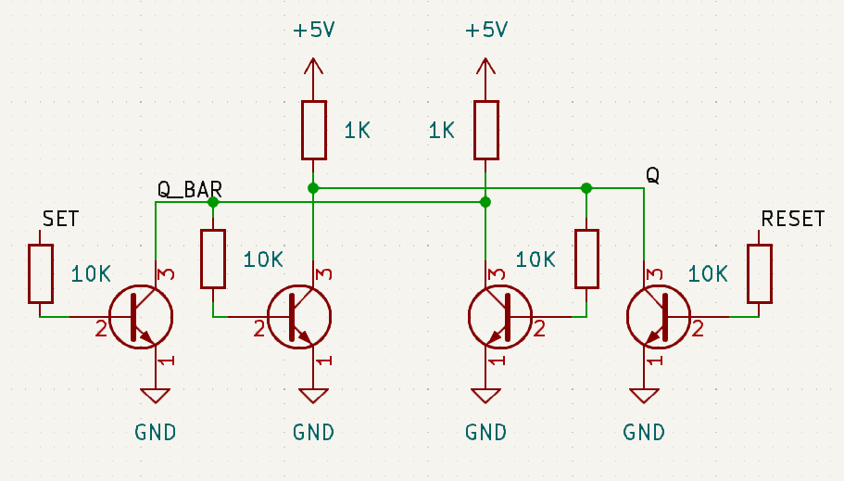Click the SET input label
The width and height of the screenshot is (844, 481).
pyautogui.click(x=61, y=219)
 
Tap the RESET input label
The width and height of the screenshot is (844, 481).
pyautogui.click(x=792, y=219)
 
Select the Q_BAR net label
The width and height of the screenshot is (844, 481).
pyautogui.click(x=189, y=190)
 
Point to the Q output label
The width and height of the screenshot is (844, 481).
pyautogui.click(x=652, y=175)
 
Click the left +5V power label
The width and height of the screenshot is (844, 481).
pyautogui.click(x=313, y=31)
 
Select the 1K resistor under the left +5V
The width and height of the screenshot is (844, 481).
pyautogui.click(x=313, y=130)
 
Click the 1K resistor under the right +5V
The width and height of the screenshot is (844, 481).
pyautogui.click(x=485, y=130)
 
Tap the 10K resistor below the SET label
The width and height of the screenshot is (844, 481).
pyautogui.click(x=41, y=273)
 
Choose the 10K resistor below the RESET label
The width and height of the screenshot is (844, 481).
pyautogui.click(x=760, y=273)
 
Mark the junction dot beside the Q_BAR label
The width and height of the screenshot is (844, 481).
pyautogui.click(x=213, y=202)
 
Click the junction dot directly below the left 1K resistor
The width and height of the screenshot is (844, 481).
pyautogui.click(x=313, y=188)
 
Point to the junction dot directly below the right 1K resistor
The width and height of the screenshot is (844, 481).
pyautogui.click(x=485, y=202)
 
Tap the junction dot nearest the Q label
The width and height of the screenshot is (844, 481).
pyautogui.click(x=586, y=188)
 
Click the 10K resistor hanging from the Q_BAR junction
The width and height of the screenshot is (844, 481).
pyautogui.click(x=213, y=259)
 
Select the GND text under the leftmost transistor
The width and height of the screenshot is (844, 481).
pyautogui.click(x=155, y=432)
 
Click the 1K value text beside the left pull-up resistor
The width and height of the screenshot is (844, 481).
pyautogui.click(x=357, y=131)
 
